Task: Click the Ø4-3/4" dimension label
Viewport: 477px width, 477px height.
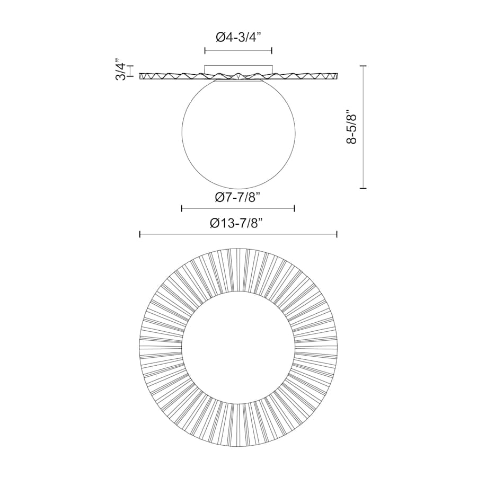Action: pyautogui.click(x=238, y=38)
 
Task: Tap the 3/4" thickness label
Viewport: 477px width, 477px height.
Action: pyautogui.click(x=121, y=71)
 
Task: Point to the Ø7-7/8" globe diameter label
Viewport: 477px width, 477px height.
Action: pyautogui.click(x=238, y=197)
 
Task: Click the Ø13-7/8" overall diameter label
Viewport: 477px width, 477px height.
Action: pyautogui.click(x=238, y=223)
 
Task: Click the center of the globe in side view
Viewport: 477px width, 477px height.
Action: pyautogui.click(x=238, y=137)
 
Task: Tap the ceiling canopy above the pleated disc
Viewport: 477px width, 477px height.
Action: pyautogui.click(x=238, y=69)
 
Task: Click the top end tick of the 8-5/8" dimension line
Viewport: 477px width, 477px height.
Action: pyautogui.click(x=363, y=66)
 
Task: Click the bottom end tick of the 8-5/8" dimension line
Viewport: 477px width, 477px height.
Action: pyautogui.click(x=363, y=188)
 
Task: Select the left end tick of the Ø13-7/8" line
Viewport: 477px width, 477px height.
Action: pyautogui.click(x=140, y=234)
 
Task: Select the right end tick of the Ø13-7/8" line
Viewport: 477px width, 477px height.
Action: pyautogui.click(x=337, y=234)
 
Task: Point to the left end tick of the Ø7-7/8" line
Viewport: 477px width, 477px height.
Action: pyautogui.click(x=182, y=208)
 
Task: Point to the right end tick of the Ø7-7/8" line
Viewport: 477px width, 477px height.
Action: pyautogui.click(x=294, y=208)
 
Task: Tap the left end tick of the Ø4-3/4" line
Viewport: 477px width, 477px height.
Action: pyautogui.click(x=205, y=51)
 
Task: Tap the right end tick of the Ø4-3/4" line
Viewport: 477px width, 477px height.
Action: pyautogui.click(x=272, y=51)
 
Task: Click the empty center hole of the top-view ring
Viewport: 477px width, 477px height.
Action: pyautogui.click(x=238, y=347)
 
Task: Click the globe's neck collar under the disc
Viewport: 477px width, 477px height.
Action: pyautogui.click(x=238, y=81)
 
